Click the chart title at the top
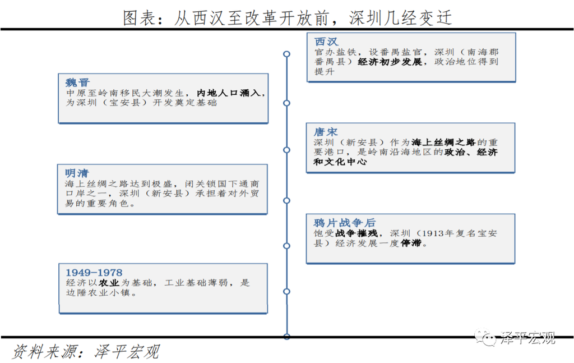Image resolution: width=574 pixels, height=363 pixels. [x=288, y=17]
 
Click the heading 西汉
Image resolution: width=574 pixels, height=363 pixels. [x=326, y=42]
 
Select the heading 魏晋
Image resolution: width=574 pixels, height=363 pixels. [x=77, y=82]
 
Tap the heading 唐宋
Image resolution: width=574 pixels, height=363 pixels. [x=326, y=132]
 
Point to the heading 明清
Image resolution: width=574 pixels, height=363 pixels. [x=77, y=173]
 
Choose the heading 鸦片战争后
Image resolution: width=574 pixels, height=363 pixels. [x=345, y=223]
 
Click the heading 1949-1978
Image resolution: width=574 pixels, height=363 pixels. [x=94, y=273]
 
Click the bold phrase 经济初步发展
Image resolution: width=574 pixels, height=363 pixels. [x=390, y=62]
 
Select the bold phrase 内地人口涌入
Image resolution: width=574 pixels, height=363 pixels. [x=229, y=93]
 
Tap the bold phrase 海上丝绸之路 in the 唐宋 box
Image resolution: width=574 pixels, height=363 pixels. [x=443, y=142]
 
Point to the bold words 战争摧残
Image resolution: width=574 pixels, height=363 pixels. [x=356, y=233]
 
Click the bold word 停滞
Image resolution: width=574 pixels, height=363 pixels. [x=411, y=243]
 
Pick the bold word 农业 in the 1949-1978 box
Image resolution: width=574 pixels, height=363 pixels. [x=109, y=283]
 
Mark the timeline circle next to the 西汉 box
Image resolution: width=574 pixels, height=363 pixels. [x=286, y=54]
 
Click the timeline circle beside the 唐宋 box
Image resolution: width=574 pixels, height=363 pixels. [x=286, y=150]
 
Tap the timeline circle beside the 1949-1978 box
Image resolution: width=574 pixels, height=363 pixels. [x=286, y=292]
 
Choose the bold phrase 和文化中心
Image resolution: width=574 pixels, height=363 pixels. [x=340, y=162]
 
